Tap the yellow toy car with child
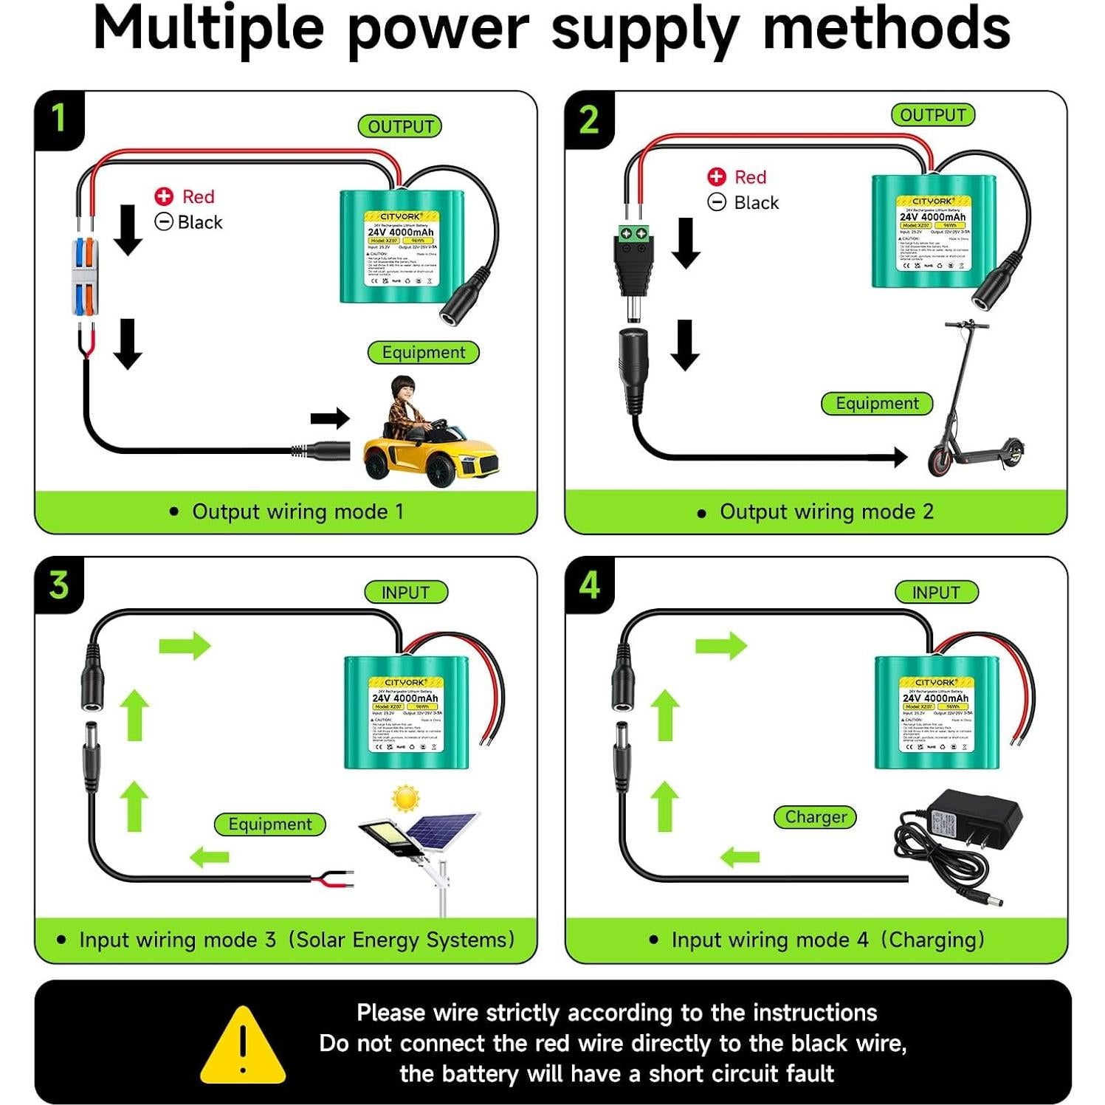(429, 440)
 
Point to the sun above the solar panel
(405, 799)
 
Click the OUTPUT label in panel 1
(400, 126)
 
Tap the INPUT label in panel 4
(936, 592)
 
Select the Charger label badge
(816, 817)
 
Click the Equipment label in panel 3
(270, 825)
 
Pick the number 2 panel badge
(589, 120)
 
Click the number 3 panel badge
(59, 585)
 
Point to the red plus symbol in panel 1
(164, 196)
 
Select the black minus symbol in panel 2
(717, 202)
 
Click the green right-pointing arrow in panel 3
(185, 645)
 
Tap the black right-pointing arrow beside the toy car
(330, 419)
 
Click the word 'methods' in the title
(886, 30)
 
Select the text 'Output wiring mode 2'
(826, 512)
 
